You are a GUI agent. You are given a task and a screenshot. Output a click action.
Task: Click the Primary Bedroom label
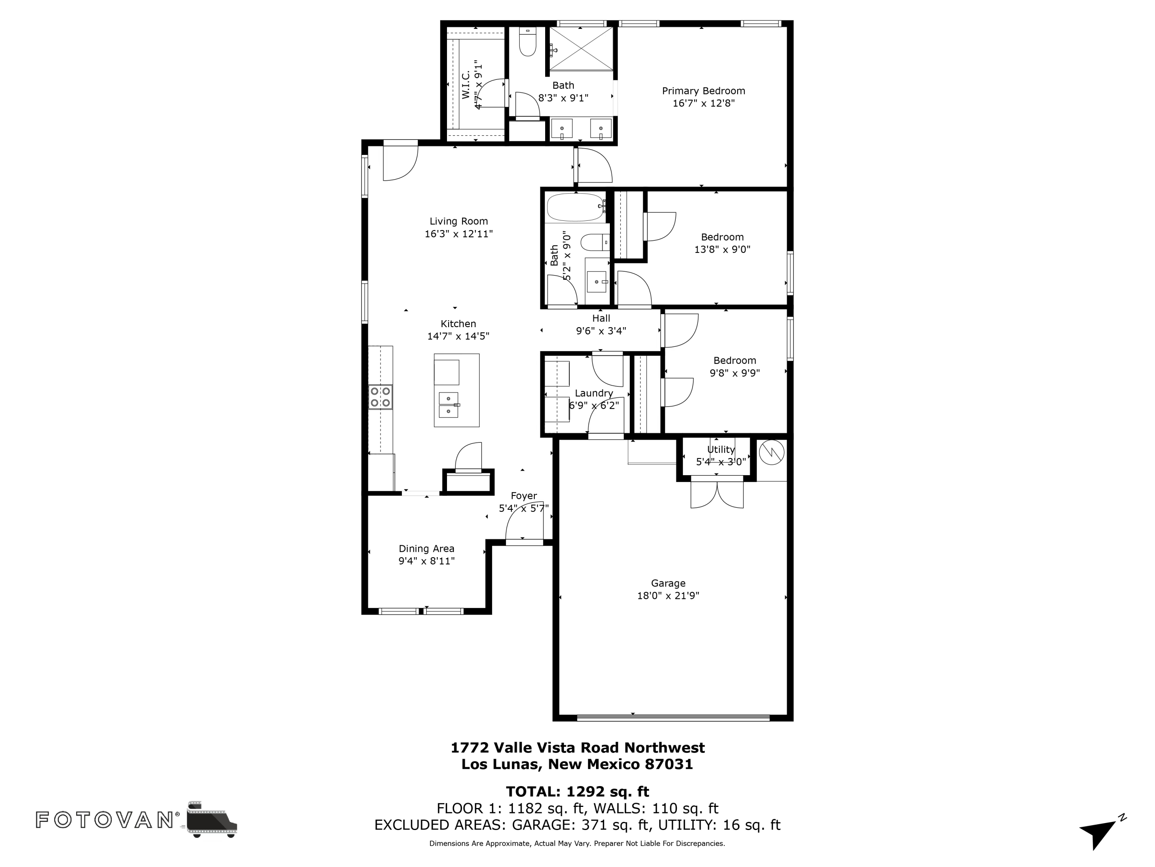point(703,91)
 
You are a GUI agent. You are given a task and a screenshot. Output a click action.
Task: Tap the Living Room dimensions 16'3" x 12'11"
point(459,234)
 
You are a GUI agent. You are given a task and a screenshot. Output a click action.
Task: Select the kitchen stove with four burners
point(381,397)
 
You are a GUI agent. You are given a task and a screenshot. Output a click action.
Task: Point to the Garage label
point(668,583)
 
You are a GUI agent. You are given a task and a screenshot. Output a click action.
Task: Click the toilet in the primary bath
point(527,41)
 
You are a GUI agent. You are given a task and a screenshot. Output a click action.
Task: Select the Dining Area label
point(427,549)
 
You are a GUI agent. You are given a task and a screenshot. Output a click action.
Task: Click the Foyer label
point(524,496)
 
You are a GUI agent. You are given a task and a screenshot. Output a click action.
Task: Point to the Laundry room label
point(594,393)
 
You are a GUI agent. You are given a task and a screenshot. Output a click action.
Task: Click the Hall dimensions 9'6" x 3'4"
point(601,331)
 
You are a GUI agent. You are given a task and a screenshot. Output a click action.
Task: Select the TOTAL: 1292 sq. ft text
point(577,792)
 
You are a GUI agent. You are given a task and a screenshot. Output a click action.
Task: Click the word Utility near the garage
point(721,449)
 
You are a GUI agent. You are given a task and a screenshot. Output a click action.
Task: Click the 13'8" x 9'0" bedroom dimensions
point(722,250)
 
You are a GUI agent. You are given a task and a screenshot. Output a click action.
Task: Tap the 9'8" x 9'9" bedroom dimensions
point(735,373)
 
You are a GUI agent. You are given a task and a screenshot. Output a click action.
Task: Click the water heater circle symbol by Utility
point(772,453)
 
